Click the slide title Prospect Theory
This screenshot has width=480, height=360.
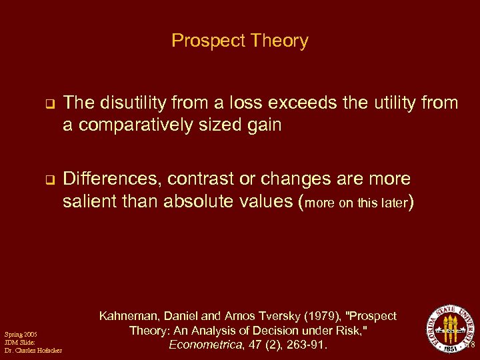pos(239,41)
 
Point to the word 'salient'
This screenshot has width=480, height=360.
pos(87,201)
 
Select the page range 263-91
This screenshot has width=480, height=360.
pos(309,345)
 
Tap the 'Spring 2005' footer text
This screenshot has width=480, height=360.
pos(21,333)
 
